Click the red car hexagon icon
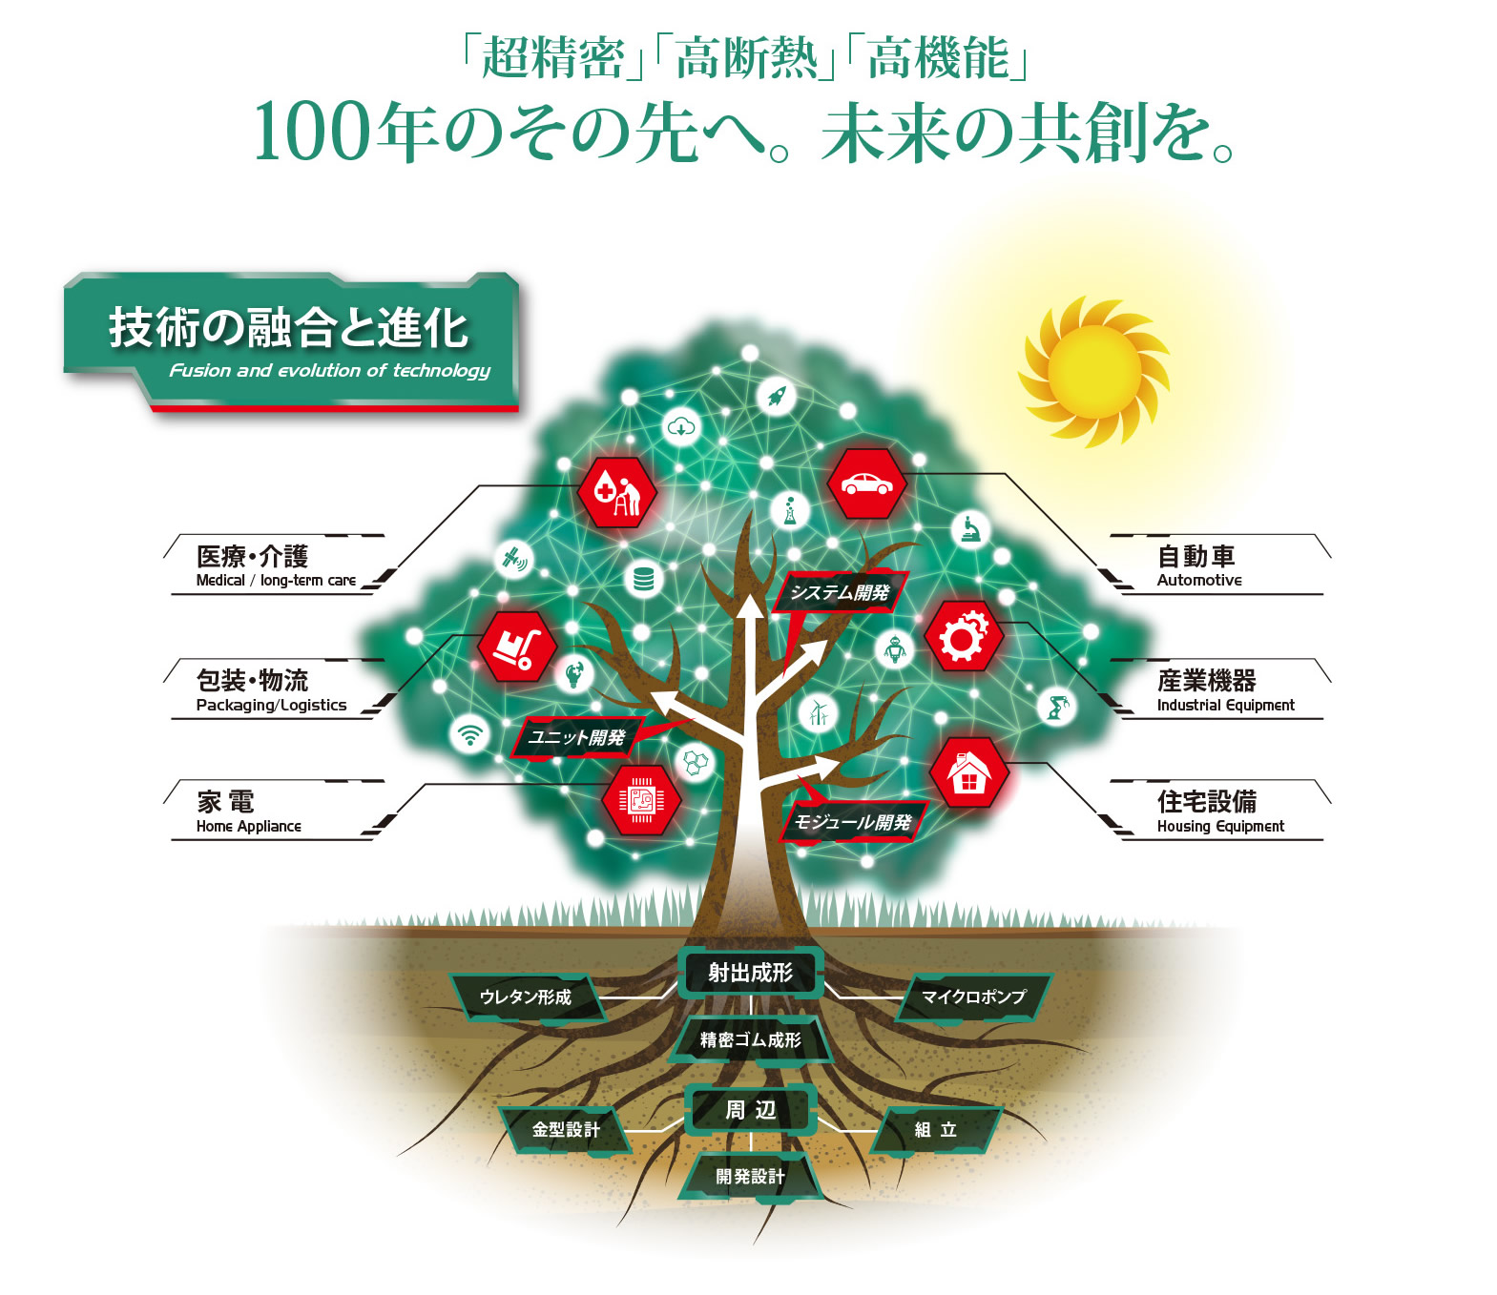866,484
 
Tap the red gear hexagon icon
963,635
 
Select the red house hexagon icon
968,772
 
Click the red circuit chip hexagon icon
641,799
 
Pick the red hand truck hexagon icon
516,647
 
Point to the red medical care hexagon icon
616,492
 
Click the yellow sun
1093,371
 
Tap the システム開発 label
840,592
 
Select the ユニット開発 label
577,737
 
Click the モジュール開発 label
853,822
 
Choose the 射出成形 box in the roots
751,973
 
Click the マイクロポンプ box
973,997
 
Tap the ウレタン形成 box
526,997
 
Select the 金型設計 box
566,1130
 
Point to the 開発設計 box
751,1177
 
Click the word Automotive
1199,580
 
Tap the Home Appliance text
249,827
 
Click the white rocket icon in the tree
776,395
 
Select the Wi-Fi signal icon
469,734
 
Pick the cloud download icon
681,426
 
